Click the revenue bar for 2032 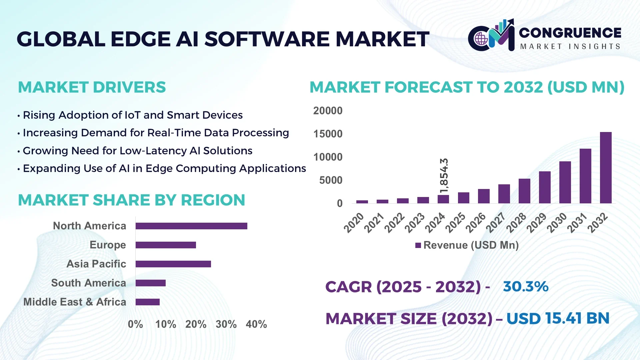[606, 168]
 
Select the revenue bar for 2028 [524, 191]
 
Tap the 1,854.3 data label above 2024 [444, 176]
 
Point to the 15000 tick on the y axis [328, 134]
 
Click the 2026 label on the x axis [476, 222]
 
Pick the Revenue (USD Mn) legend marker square [418, 245]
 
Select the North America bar [191, 226]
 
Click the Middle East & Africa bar [148, 302]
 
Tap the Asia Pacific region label [96, 264]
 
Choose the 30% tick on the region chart [226, 324]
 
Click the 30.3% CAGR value [526, 286]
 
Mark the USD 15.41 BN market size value [558, 318]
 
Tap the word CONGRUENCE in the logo [570, 33]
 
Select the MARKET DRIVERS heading [92, 87]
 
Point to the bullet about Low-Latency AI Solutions [137, 151]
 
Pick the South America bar [151, 283]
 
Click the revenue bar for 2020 [362, 202]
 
